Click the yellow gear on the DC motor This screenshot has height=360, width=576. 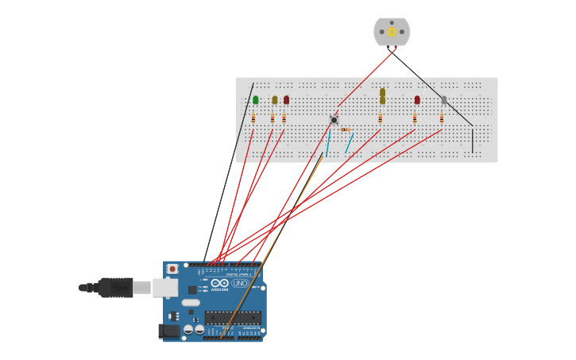point(392,32)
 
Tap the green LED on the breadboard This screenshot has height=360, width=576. point(255,99)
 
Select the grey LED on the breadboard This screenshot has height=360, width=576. point(443,100)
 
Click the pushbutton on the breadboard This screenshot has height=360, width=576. point(334,120)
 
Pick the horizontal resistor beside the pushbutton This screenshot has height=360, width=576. point(346,130)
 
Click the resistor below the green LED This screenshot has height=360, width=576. point(253,118)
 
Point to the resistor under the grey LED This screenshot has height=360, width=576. point(442,118)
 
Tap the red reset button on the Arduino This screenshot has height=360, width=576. point(172,269)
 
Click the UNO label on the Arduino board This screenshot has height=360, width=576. point(240,283)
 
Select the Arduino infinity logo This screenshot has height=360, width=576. point(220,283)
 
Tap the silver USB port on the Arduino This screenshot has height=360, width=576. point(164,288)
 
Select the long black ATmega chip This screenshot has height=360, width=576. point(233,317)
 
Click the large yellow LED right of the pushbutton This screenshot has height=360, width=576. point(382,95)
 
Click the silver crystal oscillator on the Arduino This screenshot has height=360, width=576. point(191,302)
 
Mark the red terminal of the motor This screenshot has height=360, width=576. point(389,48)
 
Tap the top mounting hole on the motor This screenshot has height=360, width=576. point(392,23)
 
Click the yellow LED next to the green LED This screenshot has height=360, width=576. point(275,100)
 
